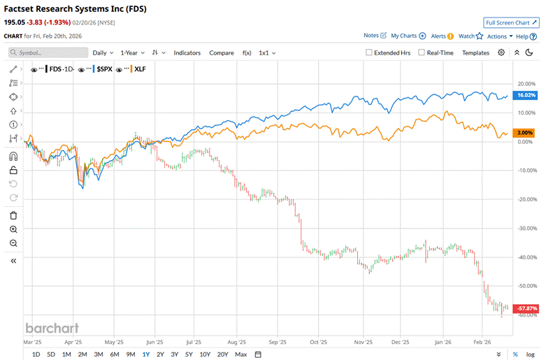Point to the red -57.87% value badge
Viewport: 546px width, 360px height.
[x=525, y=308]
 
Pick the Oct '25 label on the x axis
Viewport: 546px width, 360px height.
[x=319, y=343]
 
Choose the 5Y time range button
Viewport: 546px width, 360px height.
[x=189, y=354]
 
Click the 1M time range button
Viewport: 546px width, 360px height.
[x=66, y=354]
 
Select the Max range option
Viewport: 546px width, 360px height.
[x=241, y=354]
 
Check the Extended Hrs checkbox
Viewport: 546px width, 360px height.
[x=370, y=52]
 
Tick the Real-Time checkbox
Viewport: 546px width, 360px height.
[x=422, y=52]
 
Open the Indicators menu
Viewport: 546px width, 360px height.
[x=187, y=52]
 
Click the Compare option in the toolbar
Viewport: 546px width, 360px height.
[x=222, y=52]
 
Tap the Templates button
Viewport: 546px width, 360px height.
[x=475, y=52]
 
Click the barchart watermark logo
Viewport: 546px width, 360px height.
[x=52, y=328]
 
